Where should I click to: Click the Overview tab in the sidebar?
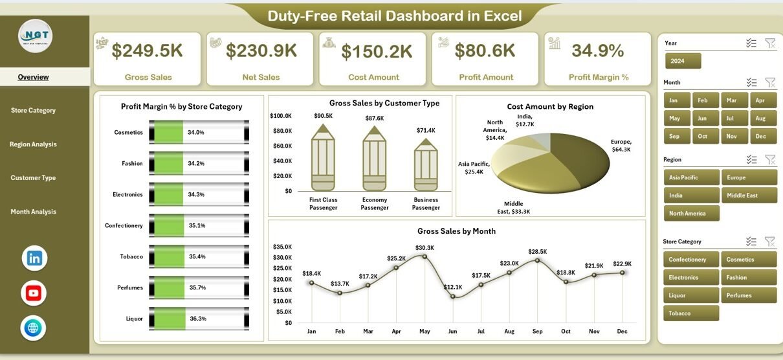point(33,77)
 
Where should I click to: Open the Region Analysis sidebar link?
point(33,144)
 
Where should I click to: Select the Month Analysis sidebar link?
point(33,212)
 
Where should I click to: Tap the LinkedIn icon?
point(34,258)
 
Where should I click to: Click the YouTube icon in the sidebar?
point(34,293)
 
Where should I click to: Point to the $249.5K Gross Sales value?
point(148,51)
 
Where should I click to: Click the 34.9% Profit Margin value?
point(598,51)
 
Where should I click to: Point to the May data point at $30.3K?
point(425,256)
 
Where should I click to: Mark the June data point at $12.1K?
point(453,296)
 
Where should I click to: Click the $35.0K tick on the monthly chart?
point(283,247)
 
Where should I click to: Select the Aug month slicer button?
point(760,118)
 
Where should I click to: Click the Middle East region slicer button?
point(749,196)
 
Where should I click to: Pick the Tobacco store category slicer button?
point(691,313)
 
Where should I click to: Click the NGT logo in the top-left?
point(35,36)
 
